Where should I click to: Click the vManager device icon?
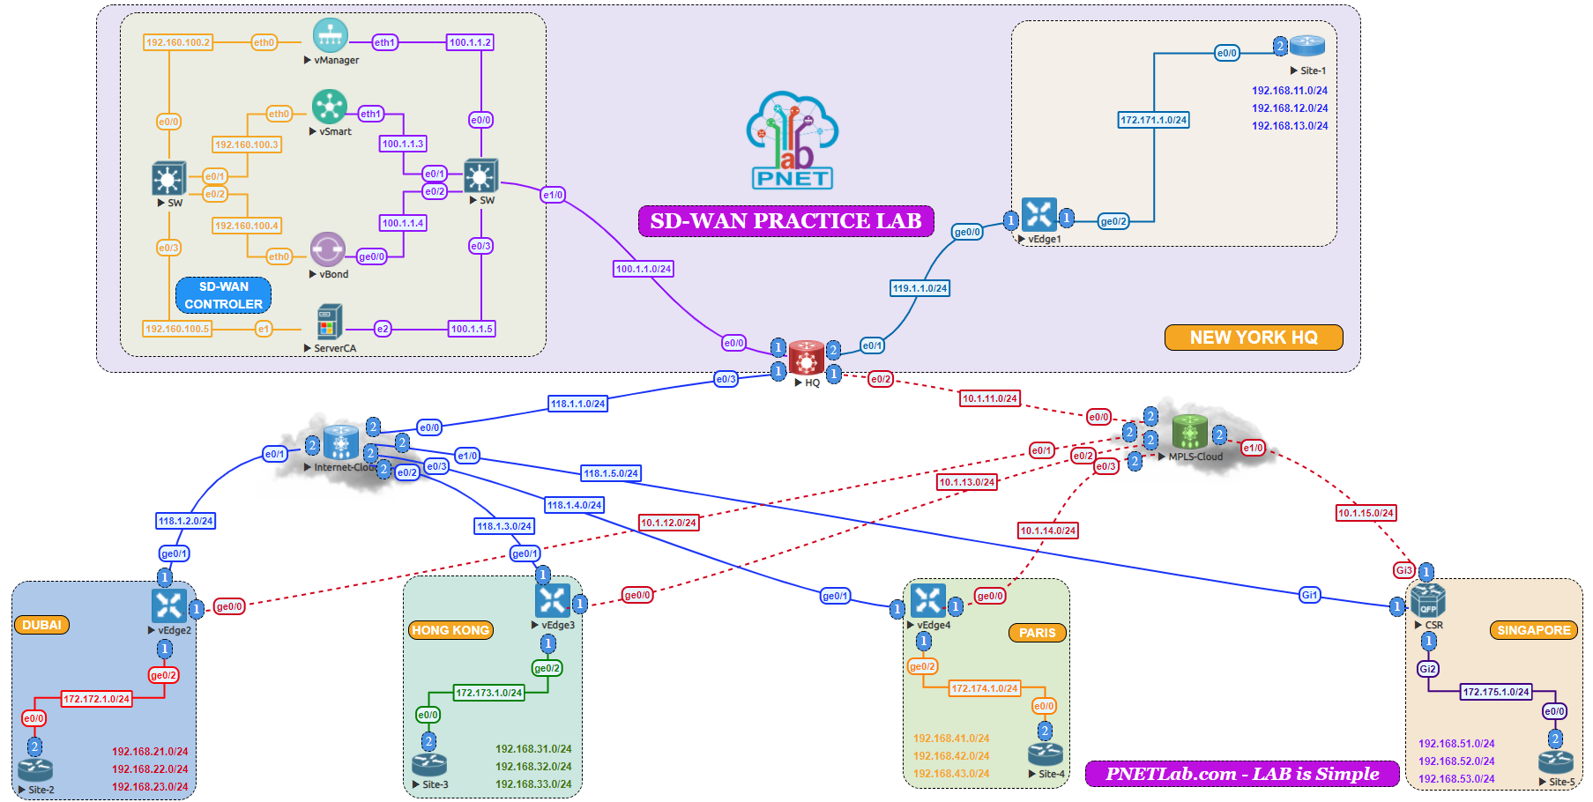point(331,36)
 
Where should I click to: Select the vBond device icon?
point(327,249)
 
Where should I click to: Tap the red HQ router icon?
point(806,358)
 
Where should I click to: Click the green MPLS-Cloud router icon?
point(1189,432)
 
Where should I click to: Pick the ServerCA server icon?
point(329,323)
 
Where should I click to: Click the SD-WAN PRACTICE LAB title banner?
point(785,221)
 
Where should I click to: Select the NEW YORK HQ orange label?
point(1253,338)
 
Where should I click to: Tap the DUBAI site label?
point(41,625)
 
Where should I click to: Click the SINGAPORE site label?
point(1533,630)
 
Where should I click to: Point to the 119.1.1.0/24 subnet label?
point(919,288)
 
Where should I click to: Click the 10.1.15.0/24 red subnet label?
point(1366,513)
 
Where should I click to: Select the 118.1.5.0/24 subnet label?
point(611,473)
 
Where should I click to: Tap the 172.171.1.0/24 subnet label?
point(1153,120)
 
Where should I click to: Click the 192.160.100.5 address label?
point(177,329)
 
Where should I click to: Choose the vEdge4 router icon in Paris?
point(927,600)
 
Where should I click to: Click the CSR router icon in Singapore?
point(1427,600)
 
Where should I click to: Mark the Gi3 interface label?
point(1403,570)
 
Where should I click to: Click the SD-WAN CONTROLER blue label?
point(223,295)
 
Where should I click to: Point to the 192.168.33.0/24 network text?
point(532,784)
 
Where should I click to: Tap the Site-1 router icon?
point(1306,46)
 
